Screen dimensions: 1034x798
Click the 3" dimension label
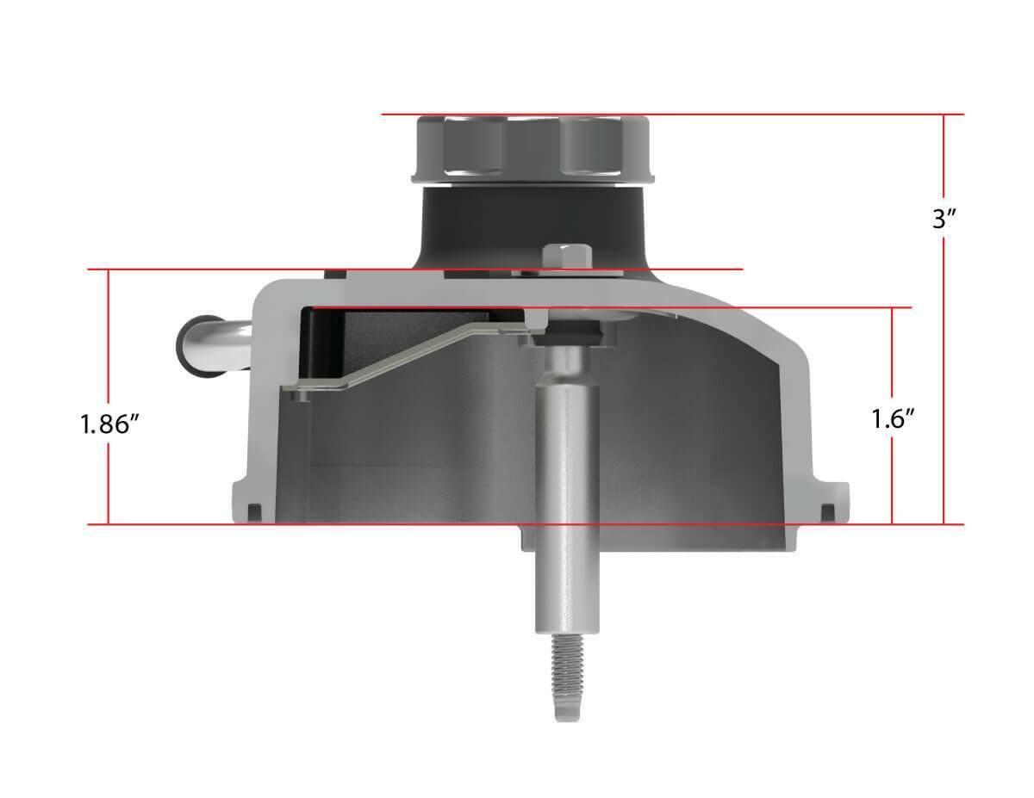coord(944,220)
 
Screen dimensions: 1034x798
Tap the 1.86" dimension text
coord(110,424)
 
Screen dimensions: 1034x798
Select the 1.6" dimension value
coord(893,418)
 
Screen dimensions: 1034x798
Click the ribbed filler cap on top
coord(533,149)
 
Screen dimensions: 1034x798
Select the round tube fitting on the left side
coord(212,346)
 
